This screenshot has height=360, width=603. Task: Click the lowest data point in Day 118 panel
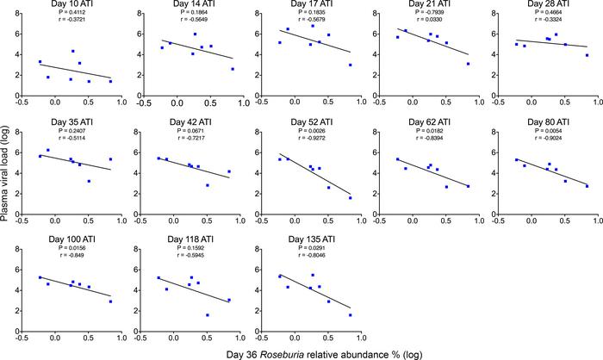coord(208,315)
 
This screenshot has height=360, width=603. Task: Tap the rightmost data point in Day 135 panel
coord(351,315)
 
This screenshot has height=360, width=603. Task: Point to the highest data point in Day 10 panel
coord(72,51)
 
